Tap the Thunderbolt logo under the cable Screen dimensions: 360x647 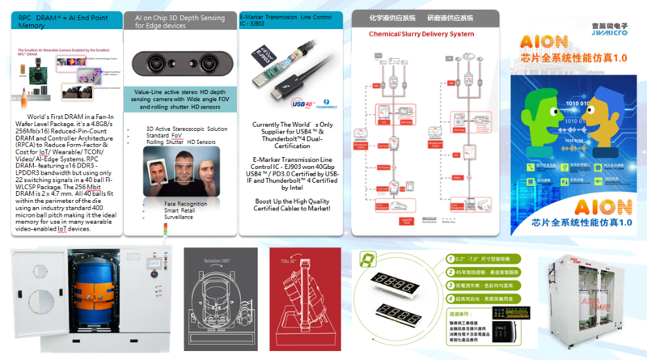tap(316, 105)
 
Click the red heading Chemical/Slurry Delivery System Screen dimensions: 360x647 tap(421, 34)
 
